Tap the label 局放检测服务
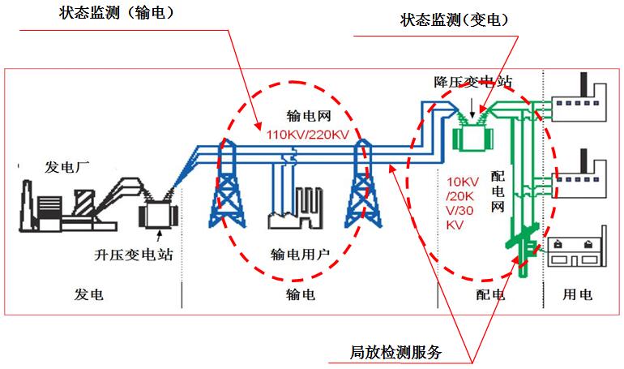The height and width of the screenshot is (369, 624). pyautogui.click(x=396, y=353)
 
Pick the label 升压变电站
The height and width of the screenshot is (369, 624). pyautogui.click(x=133, y=254)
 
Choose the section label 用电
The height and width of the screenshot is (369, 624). pyautogui.click(x=578, y=294)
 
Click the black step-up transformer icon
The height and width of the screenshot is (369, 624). pyautogui.click(x=157, y=212)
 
